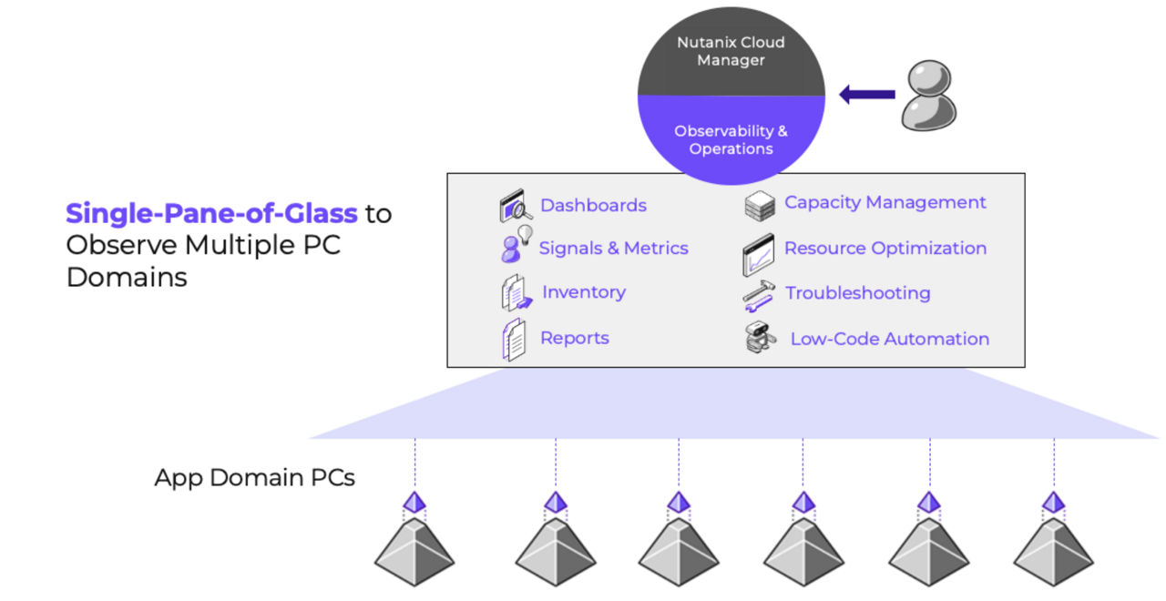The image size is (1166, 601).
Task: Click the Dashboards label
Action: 593,205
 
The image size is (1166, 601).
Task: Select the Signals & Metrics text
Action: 613,248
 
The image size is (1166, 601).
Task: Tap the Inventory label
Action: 583,292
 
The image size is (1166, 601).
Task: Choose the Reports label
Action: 574,338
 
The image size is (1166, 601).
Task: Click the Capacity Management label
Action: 885,202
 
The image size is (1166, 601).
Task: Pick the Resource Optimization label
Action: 885,248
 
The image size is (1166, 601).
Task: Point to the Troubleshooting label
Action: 857,292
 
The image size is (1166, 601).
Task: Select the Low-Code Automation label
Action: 889,339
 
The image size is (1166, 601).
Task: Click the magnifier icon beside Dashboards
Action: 516,206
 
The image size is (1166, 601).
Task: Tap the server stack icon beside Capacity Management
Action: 759,206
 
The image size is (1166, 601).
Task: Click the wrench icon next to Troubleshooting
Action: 758,293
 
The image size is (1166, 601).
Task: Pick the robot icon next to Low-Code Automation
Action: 758,339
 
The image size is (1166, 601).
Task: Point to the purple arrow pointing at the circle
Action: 866,94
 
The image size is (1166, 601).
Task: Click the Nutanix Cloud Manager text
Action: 731,51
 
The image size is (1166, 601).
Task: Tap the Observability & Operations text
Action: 731,139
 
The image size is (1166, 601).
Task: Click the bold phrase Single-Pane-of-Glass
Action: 211,214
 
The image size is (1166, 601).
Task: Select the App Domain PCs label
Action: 254,477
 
